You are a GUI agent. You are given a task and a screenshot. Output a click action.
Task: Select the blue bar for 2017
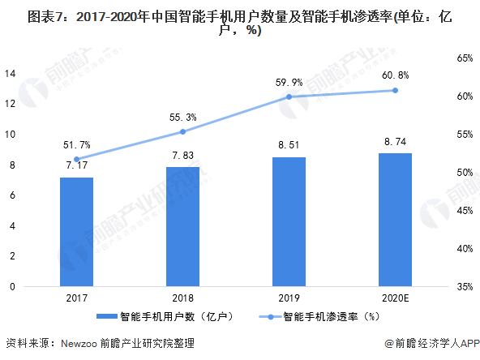76,232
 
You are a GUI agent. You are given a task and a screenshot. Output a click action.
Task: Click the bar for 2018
182,227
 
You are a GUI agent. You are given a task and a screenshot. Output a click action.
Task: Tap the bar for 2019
289,222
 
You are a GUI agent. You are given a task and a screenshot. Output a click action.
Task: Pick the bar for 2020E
395,220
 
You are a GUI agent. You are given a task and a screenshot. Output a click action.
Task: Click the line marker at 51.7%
77,159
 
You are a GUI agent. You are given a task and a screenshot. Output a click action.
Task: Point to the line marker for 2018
182,131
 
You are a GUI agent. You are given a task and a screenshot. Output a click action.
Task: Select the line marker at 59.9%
289,96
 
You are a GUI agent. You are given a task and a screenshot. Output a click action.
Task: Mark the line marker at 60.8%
395,90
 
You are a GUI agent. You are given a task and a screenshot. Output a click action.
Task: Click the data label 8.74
395,142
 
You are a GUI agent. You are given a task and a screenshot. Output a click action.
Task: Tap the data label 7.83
183,156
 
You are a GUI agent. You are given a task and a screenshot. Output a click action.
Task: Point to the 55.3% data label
183,118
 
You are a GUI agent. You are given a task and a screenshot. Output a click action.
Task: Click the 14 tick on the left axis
10,74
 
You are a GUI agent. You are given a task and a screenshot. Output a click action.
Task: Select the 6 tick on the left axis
12,195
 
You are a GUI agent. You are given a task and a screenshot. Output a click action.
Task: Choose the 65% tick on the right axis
465,58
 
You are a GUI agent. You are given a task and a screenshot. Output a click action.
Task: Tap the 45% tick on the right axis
465,211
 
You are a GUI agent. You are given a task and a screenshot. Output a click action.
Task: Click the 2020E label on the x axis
395,298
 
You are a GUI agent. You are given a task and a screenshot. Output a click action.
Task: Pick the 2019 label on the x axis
289,298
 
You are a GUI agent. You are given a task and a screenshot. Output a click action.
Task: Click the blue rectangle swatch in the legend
107,316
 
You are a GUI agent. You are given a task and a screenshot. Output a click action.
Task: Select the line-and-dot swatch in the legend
270,317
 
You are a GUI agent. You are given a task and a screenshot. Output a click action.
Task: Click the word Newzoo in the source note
79,344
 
